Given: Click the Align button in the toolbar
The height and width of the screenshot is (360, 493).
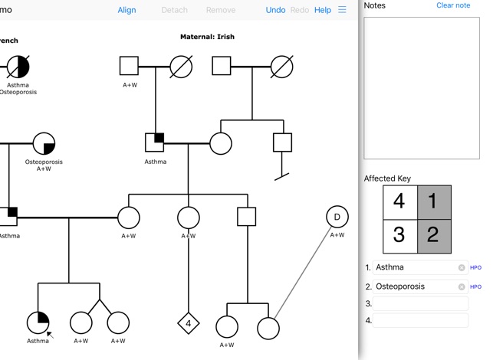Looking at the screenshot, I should click(127, 10).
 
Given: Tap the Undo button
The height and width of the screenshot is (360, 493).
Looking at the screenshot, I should click(275, 10).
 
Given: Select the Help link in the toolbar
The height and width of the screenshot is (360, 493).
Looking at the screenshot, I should click(323, 10).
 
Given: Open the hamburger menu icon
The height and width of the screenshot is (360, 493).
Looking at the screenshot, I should click(342, 10).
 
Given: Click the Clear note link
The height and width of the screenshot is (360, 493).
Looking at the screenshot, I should click(453, 5).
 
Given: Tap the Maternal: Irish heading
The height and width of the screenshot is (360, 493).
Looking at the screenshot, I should click(207, 37).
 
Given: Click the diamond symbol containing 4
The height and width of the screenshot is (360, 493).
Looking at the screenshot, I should click(188, 323).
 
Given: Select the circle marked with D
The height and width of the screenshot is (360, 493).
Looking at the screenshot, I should click(337, 218).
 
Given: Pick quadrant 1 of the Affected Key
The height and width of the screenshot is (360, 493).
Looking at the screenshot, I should click(433, 201).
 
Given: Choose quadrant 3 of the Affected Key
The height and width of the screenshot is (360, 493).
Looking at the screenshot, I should click(399, 234).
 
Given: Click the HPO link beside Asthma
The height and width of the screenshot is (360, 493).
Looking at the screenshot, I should click(475, 267).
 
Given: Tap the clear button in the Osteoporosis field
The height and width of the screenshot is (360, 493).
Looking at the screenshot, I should click(462, 286).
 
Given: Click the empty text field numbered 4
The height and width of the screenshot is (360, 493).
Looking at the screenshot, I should click(421, 320).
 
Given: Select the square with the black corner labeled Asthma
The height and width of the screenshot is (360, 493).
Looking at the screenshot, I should click(155, 142).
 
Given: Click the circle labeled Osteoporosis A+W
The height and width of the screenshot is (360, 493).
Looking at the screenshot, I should click(44, 143).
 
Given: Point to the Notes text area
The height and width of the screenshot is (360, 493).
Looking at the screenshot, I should click(421, 87).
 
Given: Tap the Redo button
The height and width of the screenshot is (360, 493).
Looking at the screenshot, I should click(300, 10).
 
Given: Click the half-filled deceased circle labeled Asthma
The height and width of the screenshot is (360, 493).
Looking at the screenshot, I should click(18, 67).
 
